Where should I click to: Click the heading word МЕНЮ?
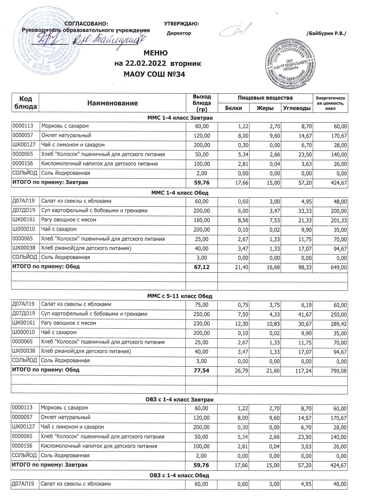click(x=155, y=53)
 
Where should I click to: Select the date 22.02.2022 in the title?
click(x=141, y=64)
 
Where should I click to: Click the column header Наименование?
click(x=112, y=103)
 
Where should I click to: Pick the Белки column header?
click(x=233, y=108)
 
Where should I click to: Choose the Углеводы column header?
click(x=297, y=108)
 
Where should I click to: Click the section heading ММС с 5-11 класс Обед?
click(x=179, y=296)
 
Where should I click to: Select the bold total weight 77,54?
click(x=202, y=370)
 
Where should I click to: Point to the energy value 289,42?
click(x=339, y=324)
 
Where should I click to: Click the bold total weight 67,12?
click(x=202, y=267)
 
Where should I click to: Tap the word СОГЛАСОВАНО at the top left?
click(x=86, y=24)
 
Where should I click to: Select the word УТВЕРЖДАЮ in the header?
click(x=181, y=24)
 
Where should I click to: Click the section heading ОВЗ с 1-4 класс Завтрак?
click(x=179, y=400)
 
